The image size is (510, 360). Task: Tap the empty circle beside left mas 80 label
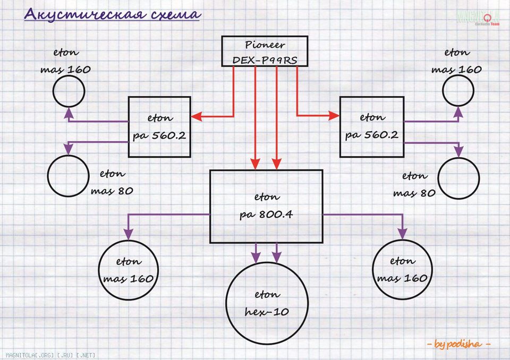tap(48, 176)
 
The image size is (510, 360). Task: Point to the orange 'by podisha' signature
tap(458, 344)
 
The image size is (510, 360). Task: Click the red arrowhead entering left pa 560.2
tap(197, 116)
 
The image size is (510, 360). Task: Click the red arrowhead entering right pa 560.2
tap(334, 115)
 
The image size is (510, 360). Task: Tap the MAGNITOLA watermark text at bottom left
tap(51, 355)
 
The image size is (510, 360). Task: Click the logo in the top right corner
tap(478, 18)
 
